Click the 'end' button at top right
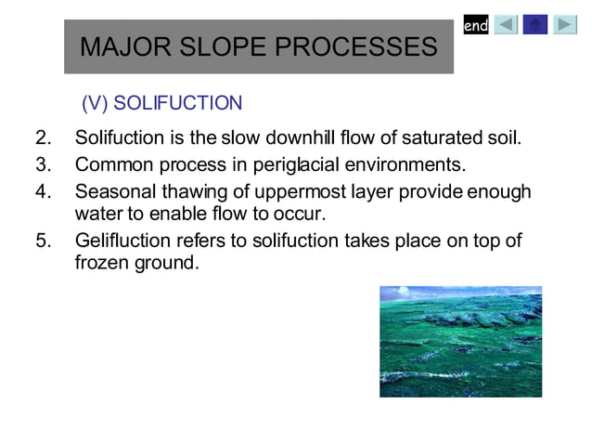(x=476, y=26)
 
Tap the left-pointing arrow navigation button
(x=506, y=25)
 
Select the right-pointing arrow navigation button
(x=565, y=25)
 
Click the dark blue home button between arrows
(x=535, y=25)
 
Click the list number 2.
(x=43, y=139)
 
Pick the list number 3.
(x=43, y=165)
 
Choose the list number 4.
(x=43, y=191)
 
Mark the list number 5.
(x=43, y=242)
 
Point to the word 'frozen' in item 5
(x=102, y=263)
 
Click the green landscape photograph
(x=460, y=341)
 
